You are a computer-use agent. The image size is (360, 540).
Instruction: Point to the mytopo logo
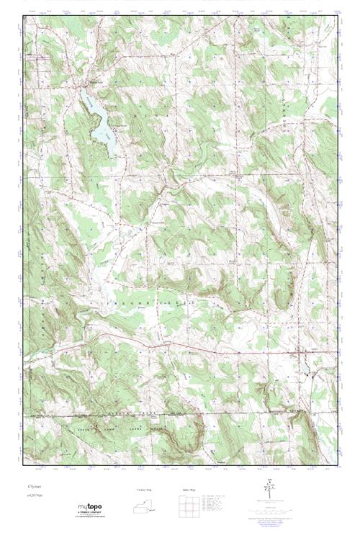[x=91, y=508]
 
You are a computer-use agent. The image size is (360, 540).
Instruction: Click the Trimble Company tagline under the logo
[x=91, y=515]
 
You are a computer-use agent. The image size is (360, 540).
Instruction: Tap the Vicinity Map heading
[x=146, y=490]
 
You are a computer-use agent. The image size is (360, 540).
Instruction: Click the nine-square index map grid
[x=189, y=508]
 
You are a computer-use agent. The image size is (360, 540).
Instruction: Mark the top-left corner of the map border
[x=23, y=17]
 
